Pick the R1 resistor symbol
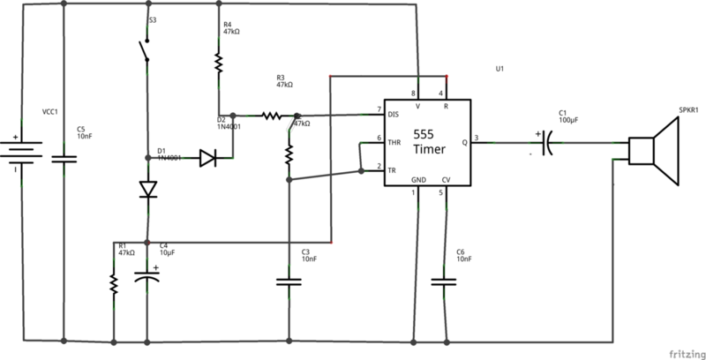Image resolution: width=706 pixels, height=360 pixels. click(114, 282)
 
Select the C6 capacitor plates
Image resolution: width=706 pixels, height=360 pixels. click(445, 282)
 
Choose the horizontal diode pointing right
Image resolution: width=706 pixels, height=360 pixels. click(208, 159)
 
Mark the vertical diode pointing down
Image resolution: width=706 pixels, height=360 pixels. click(147, 190)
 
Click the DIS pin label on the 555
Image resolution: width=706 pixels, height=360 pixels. click(394, 113)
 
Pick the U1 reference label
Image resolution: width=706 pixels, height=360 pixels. click(499, 70)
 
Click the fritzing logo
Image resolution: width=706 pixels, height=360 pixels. click(678, 349)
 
